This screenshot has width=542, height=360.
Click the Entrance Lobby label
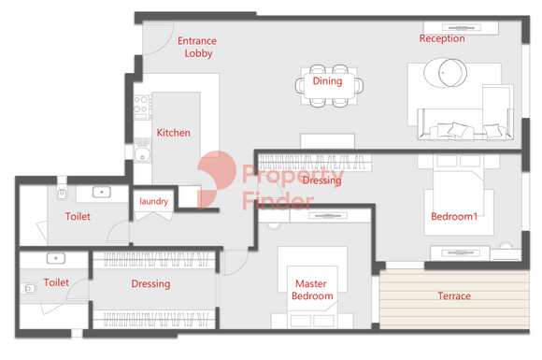tap(197, 47)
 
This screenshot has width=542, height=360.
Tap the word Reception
tap(442, 38)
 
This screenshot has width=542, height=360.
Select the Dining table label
tap(327, 81)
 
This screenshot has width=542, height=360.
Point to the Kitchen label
tap(174, 133)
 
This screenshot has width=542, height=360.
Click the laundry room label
tap(154, 201)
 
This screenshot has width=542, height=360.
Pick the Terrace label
tap(454, 295)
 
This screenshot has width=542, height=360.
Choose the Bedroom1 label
tap(454, 217)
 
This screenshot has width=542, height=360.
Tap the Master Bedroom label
tap(312, 290)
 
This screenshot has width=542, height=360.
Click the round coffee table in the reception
tap(445, 73)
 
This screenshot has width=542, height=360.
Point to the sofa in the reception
tap(465, 124)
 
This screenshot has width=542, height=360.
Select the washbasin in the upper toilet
tap(102, 192)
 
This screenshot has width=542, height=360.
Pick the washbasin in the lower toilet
tap(56, 258)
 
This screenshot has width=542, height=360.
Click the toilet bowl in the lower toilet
tap(28, 288)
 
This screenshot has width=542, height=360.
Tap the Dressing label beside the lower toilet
tap(150, 284)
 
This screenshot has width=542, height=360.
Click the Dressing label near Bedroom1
tap(321, 180)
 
